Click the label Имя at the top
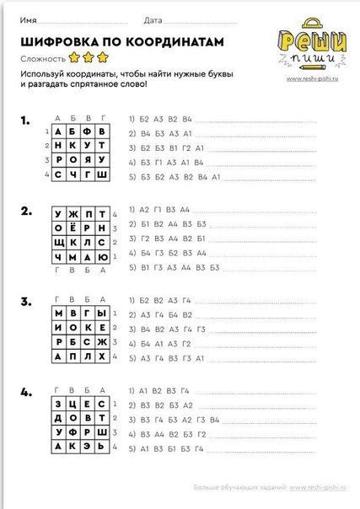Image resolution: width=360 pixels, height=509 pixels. (28, 18)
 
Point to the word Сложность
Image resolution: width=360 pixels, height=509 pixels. (43, 58)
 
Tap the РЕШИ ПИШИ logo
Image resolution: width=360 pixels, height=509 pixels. (311, 46)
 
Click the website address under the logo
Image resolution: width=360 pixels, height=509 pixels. (313, 80)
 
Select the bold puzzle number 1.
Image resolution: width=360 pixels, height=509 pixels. (26, 121)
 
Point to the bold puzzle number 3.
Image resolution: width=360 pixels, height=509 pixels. (26, 301)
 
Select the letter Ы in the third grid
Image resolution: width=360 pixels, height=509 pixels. (102, 313)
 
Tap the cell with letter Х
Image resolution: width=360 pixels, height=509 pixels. (102, 357)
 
